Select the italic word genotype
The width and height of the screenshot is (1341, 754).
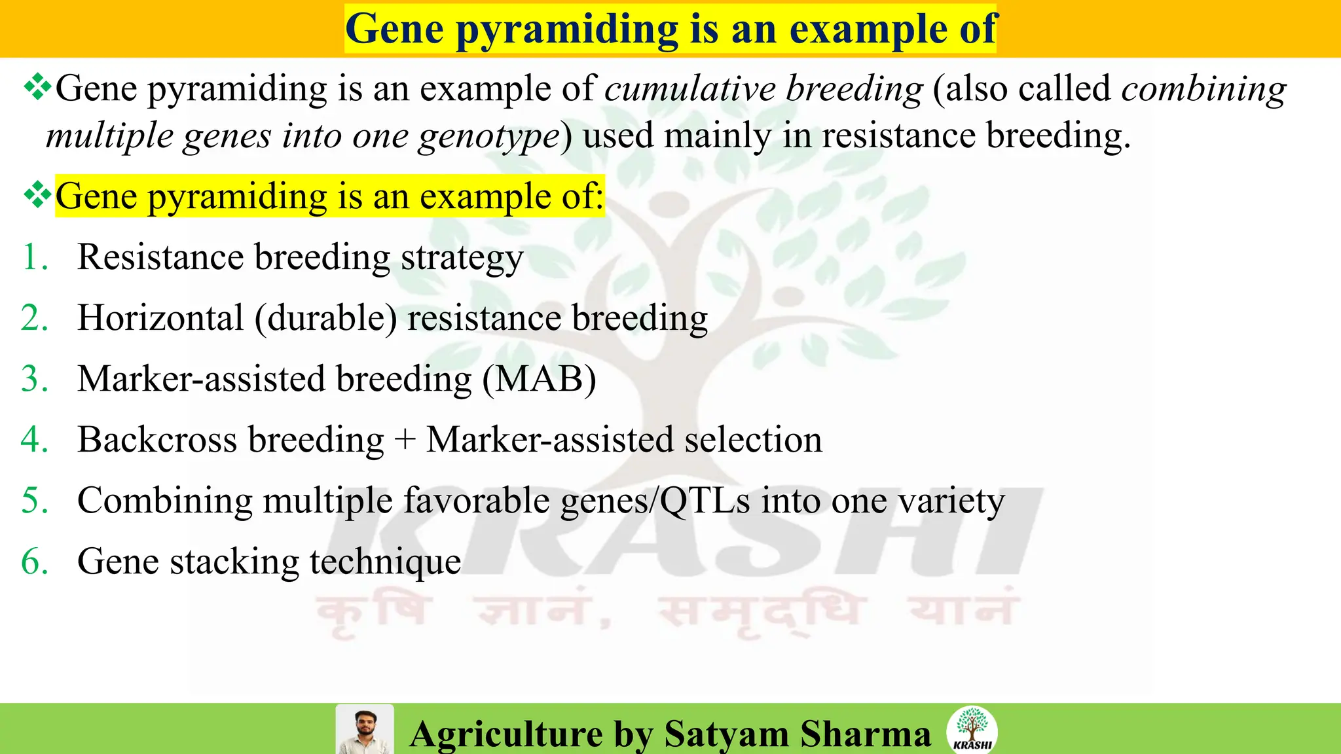[x=490, y=136]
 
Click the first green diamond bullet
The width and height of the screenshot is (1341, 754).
[x=37, y=87]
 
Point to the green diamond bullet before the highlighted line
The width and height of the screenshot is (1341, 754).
[x=37, y=195]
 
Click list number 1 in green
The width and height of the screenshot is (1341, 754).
[x=34, y=257]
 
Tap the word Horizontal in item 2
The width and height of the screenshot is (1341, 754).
[x=160, y=318]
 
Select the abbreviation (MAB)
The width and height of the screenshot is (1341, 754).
[x=539, y=379]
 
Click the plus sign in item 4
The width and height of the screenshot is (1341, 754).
[x=405, y=440]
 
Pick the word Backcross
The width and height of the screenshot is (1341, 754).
[x=157, y=440]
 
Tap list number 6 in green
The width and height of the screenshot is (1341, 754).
[x=35, y=562]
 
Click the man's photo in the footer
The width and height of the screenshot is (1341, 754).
[x=365, y=729]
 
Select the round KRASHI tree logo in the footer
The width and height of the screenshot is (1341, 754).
[x=972, y=729]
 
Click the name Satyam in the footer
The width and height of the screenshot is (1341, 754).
[x=726, y=734]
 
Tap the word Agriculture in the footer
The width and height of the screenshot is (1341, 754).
[x=506, y=734]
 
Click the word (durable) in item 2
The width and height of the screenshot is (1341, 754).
[x=326, y=318]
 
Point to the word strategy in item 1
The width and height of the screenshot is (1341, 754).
[x=462, y=258]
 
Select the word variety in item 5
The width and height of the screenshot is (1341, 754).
[x=951, y=501]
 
